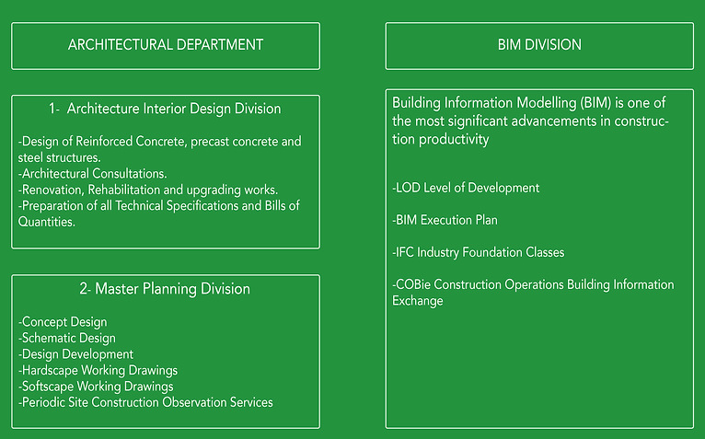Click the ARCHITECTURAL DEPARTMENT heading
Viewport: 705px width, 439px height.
pos(166,45)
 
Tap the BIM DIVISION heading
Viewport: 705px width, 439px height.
pos(538,45)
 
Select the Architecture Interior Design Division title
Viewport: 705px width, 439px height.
pos(165,109)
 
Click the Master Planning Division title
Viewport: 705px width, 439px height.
pos(165,289)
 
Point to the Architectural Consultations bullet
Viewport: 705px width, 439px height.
pos(92,173)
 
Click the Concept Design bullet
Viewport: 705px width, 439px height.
pos(63,322)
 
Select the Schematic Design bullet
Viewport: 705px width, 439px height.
pos(67,338)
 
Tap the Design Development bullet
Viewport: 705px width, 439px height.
pos(76,354)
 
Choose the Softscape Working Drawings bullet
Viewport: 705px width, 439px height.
pos(96,386)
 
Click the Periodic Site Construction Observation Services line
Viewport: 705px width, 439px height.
pos(145,402)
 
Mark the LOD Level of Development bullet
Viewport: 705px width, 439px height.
pos(466,188)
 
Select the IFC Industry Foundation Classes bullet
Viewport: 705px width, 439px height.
pos(479,252)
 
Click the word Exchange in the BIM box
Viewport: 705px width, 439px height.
pos(418,301)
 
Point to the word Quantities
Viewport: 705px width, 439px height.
pos(47,221)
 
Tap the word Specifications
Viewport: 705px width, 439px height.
pos(207,205)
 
